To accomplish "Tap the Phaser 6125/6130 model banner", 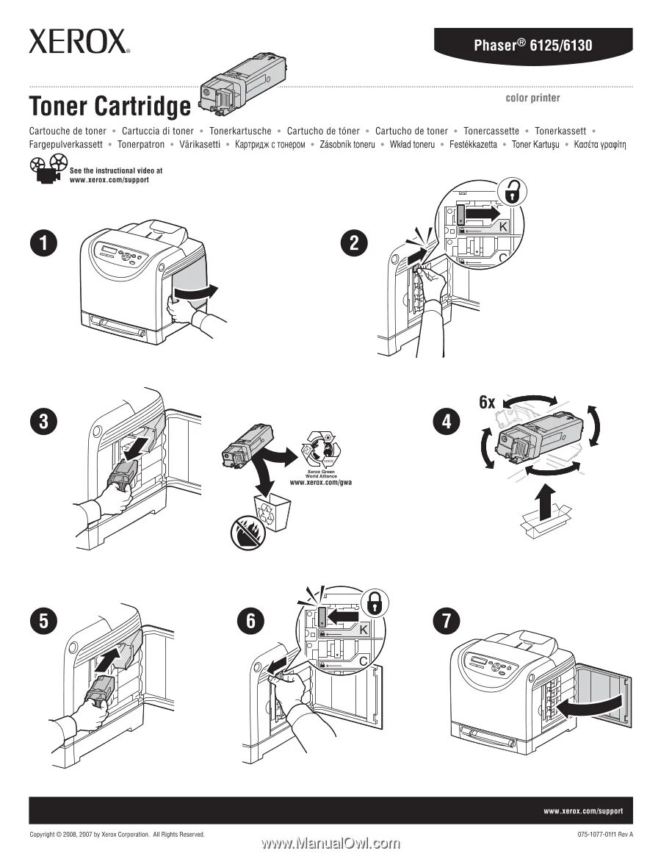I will (x=532, y=46).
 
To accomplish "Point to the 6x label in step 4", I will (x=487, y=402).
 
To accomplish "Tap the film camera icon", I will (x=47, y=174).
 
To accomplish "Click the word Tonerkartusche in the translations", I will (x=240, y=131).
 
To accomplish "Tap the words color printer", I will (x=532, y=98).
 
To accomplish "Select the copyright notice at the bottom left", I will (x=116, y=835).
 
